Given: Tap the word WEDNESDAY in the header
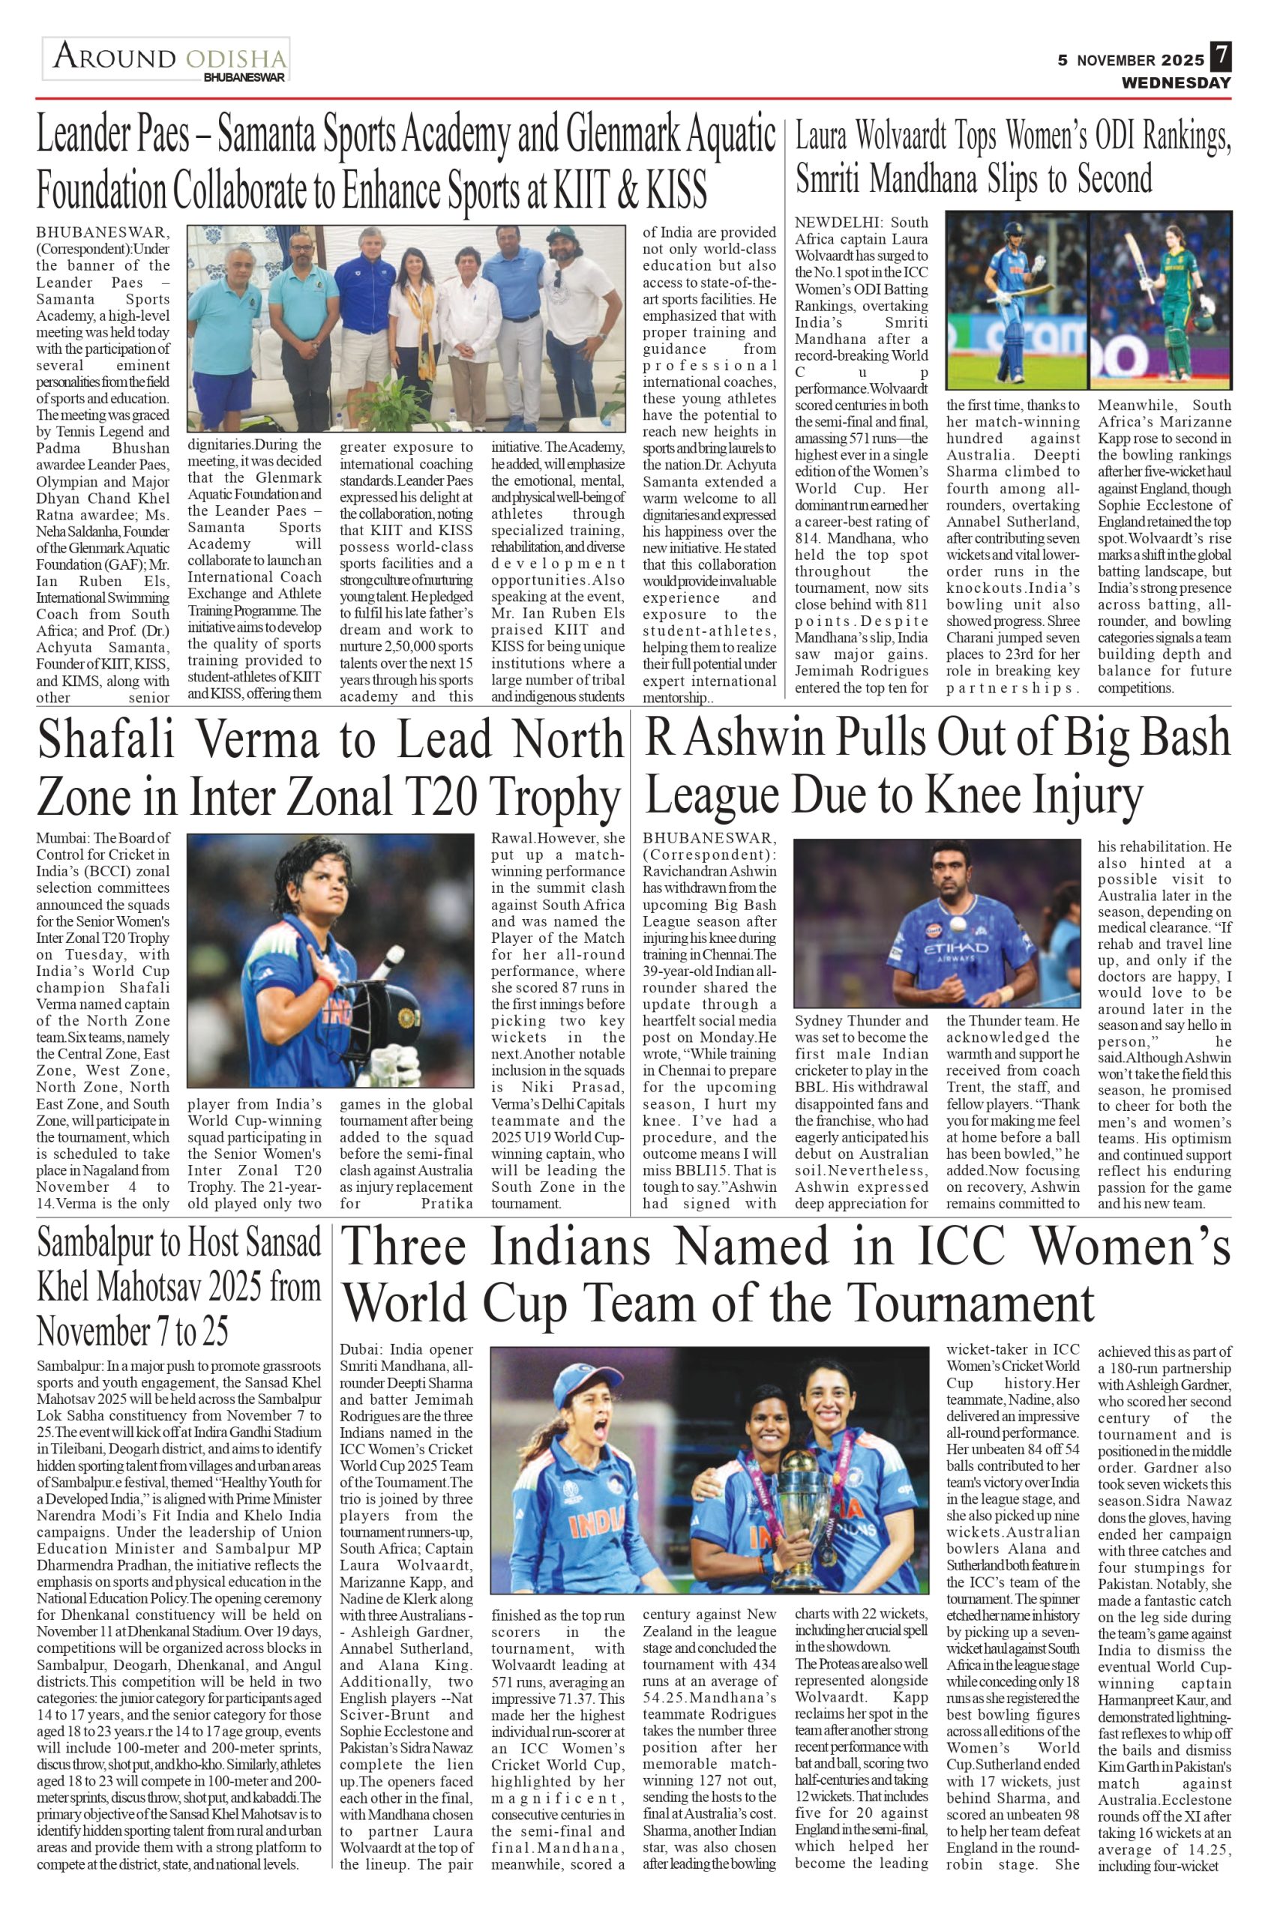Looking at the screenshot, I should (x=1175, y=82).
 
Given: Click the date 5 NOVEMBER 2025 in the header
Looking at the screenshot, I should (x=1131, y=61).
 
